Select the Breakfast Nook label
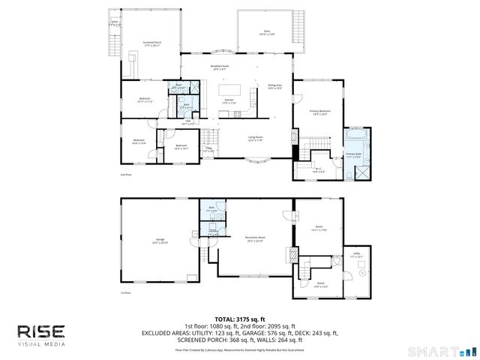(219, 67)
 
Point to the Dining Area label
(275, 87)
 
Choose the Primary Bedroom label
(320, 112)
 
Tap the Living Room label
(256, 139)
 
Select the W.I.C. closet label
(318, 170)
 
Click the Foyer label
(209, 150)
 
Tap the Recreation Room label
(256, 239)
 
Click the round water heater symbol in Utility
(362, 274)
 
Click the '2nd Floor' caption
(126, 175)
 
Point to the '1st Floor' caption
(126, 293)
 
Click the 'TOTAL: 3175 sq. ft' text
(239, 319)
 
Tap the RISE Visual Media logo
(42, 335)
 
